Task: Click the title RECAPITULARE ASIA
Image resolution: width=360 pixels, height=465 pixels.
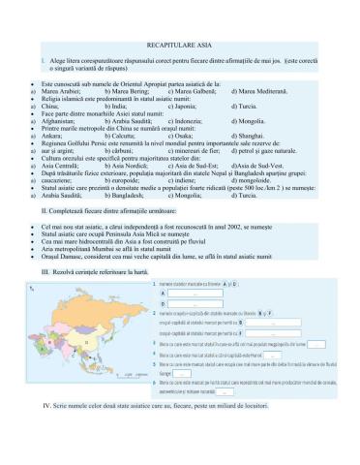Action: [x=179, y=46]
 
